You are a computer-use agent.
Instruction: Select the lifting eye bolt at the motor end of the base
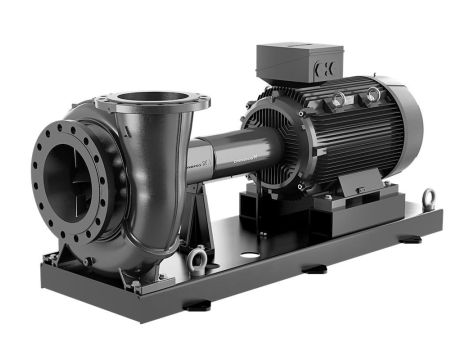429,198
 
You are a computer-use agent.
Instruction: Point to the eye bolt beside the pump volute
197,259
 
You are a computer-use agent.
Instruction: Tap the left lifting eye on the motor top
337,98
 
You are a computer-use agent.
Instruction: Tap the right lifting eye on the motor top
373,93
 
